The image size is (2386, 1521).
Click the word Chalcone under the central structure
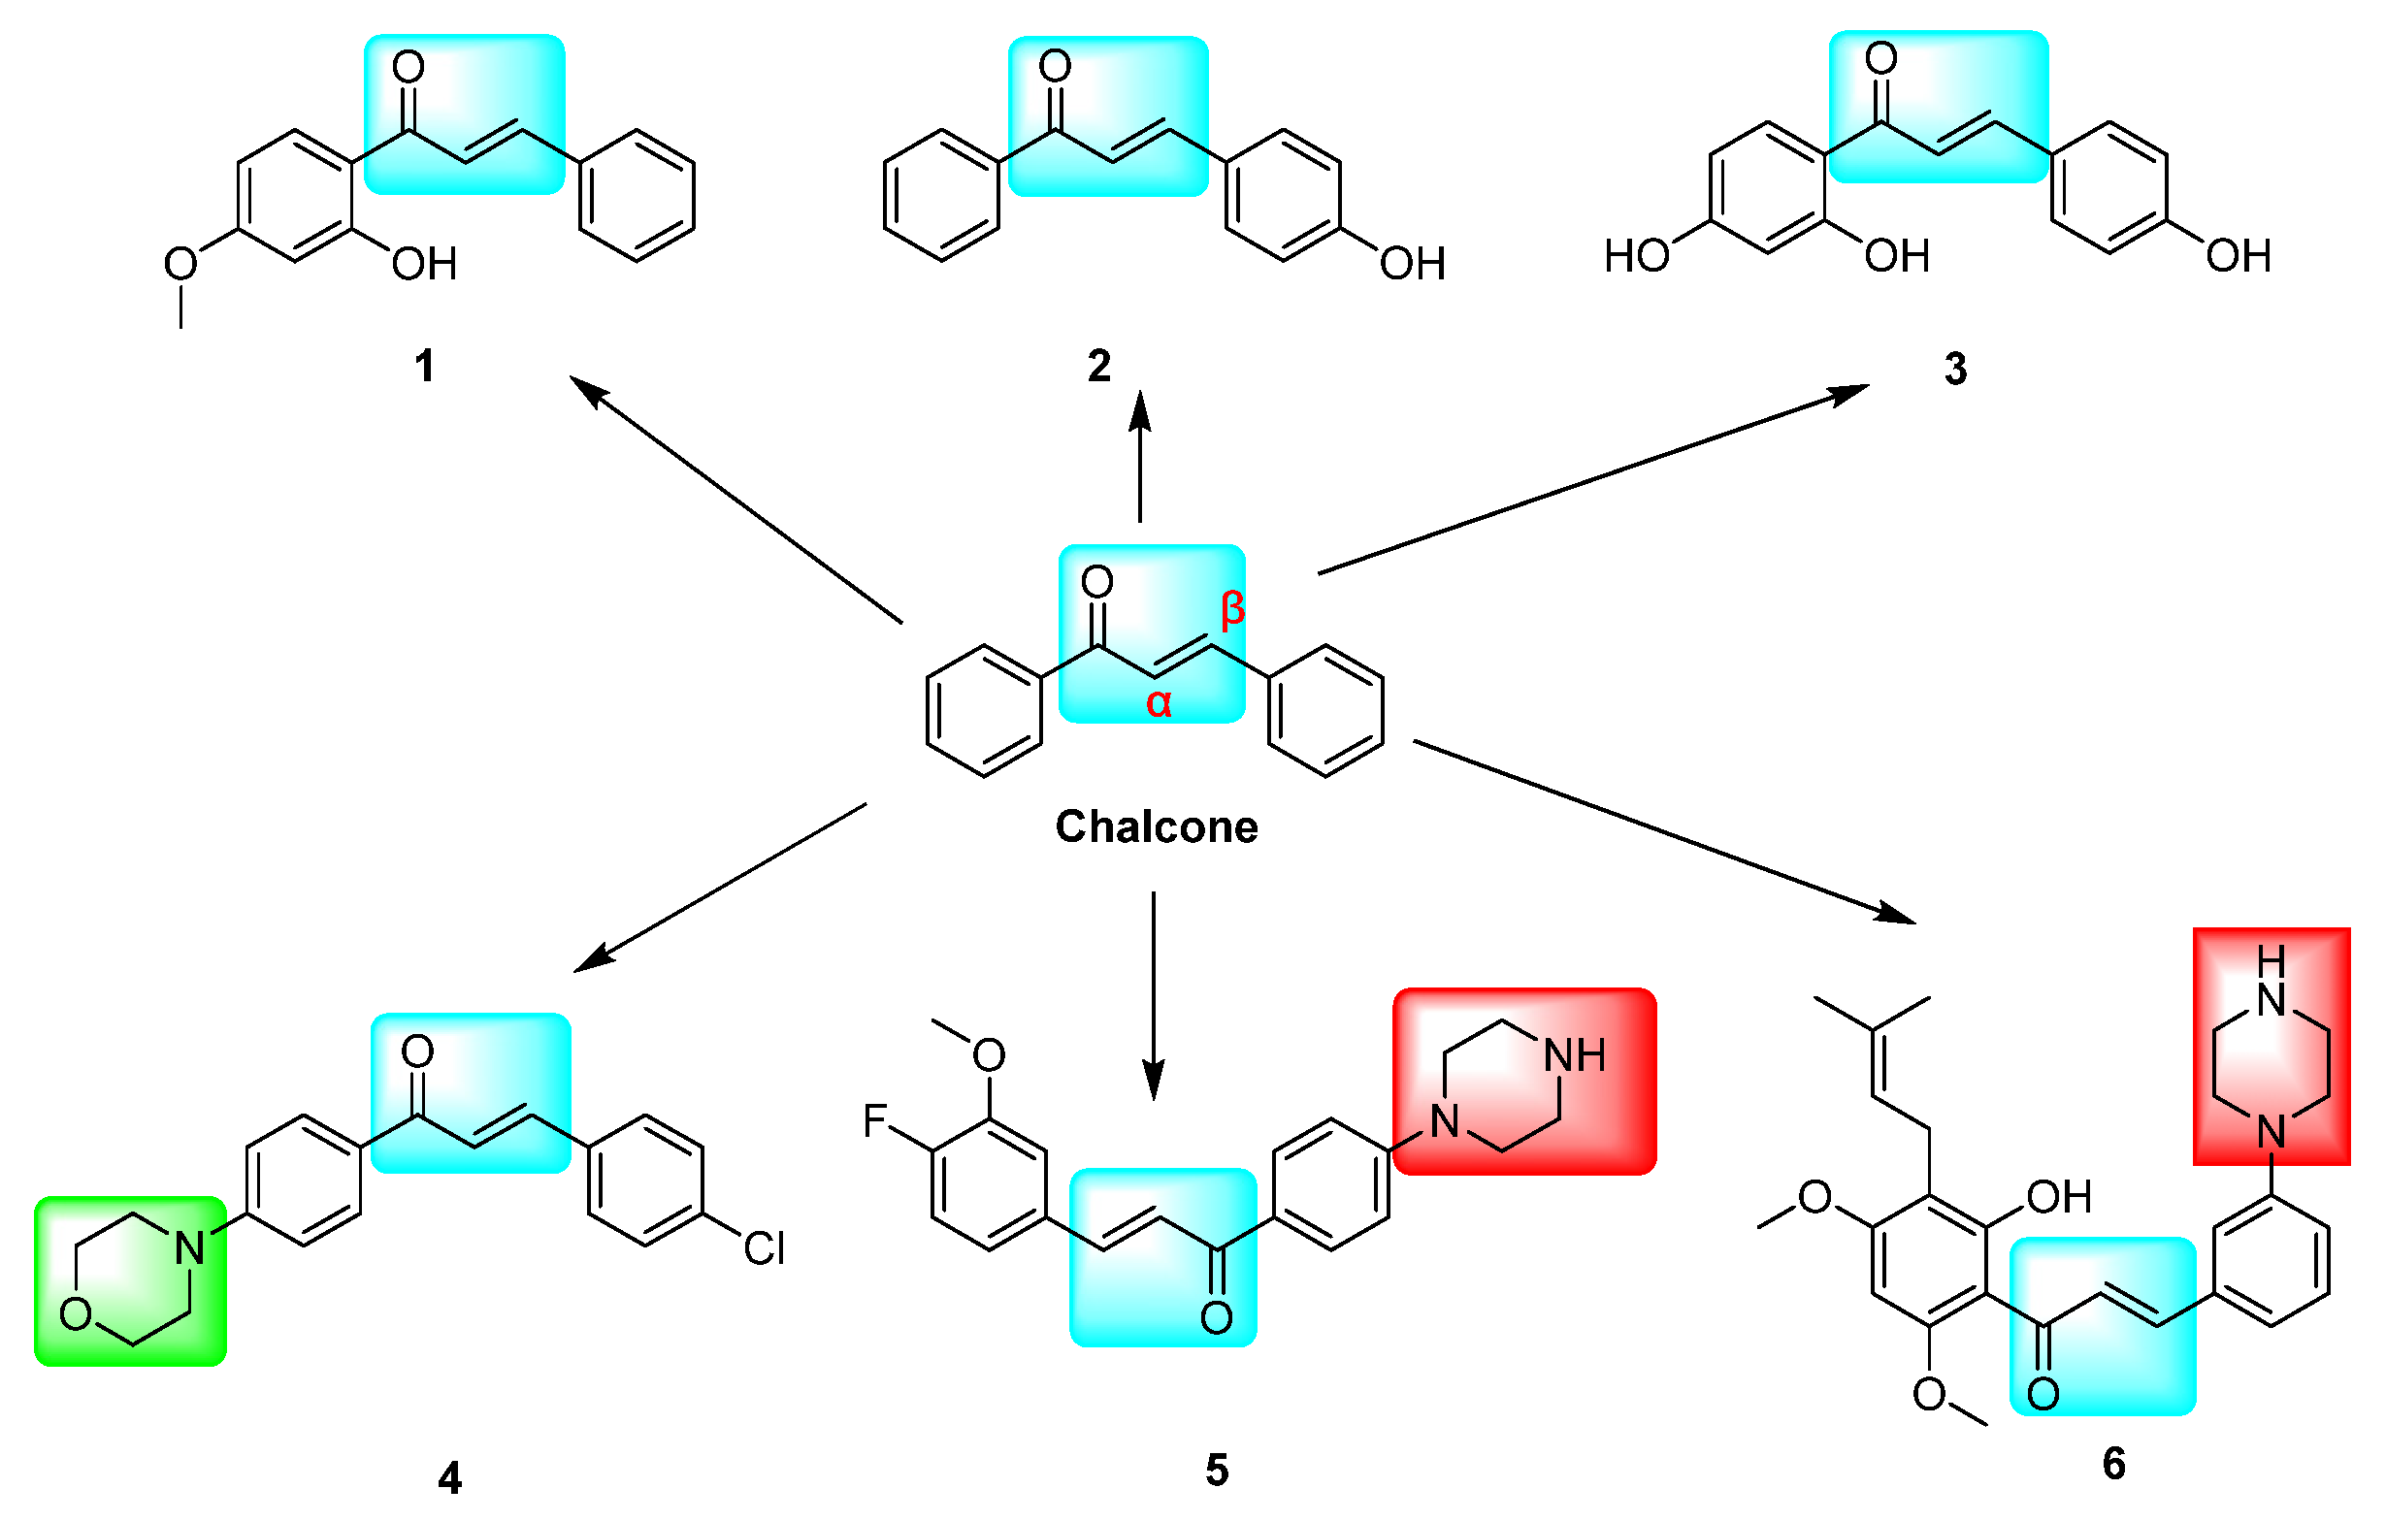pos(1156,826)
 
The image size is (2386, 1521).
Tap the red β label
pos(1231,607)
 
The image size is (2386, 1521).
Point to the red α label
pos(1159,702)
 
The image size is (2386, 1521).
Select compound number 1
pos(424,367)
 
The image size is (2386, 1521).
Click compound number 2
pos(1098,367)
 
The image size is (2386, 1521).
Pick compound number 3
pos(1955,369)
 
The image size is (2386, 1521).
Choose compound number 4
pos(449,1478)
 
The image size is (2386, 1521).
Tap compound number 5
pos(1217,1471)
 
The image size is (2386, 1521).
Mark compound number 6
pos(2113,1464)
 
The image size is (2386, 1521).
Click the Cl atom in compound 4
pos(764,1248)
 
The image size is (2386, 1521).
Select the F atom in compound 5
pos(874,1121)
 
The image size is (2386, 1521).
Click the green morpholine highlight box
pos(130,1281)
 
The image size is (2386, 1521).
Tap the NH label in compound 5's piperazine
pos(1575,1056)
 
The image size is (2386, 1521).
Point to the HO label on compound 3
pos(1637,257)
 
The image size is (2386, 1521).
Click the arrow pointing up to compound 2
pos(1140,456)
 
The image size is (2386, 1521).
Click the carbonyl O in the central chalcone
pos(1096,582)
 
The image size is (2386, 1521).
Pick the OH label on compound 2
pos(1413,265)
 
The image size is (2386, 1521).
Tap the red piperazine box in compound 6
pos(2272,1046)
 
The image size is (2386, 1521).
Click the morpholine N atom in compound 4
pos(189,1248)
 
